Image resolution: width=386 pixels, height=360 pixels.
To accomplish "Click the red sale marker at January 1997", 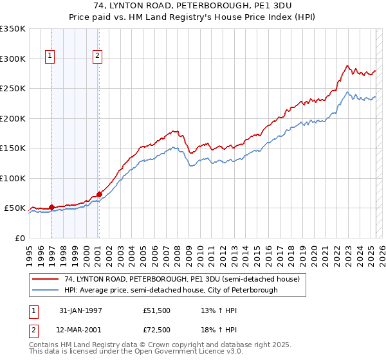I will point(51,208).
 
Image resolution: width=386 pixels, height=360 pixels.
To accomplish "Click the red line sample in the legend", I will point(46,280).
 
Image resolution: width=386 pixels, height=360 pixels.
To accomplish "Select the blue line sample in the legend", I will point(46,291).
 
